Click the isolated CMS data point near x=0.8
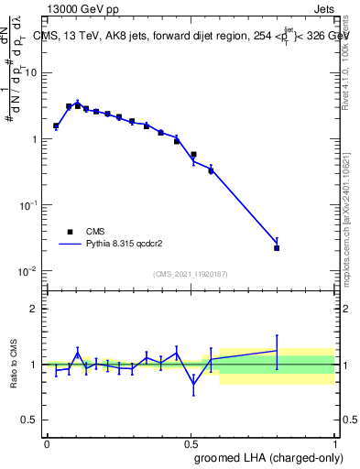click(x=277, y=247)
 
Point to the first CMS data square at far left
click(x=56, y=125)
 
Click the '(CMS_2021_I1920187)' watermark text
click(x=190, y=273)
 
